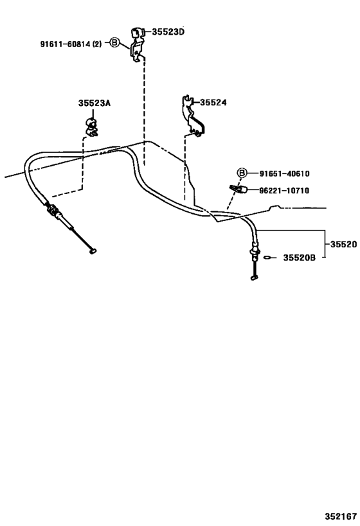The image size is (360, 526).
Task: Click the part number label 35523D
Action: (x=168, y=32)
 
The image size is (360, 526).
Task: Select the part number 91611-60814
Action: (x=66, y=44)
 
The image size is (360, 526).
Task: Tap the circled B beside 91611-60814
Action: (x=115, y=42)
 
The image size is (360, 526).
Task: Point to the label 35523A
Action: (x=94, y=103)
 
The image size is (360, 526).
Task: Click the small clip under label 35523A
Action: (x=91, y=127)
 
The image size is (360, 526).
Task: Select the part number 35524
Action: (x=213, y=102)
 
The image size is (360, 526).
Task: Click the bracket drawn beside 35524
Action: (x=192, y=116)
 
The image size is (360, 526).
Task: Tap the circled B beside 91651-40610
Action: (x=242, y=173)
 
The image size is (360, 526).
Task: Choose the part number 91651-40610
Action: (x=284, y=173)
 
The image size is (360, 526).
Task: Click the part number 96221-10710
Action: (x=284, y=191)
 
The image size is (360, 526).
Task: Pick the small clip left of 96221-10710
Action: (x=239, y=189)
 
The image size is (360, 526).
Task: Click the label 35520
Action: (x=343, y=244)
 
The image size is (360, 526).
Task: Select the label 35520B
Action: (x=299, y=258)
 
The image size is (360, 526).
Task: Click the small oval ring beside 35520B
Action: (x=267, y=258)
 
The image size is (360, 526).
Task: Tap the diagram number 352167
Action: (x=341, y=516)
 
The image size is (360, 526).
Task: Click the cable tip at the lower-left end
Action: (x=93, y=250)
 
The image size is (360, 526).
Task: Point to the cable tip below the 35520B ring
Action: (x=254, y=277)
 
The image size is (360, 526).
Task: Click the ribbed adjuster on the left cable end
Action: (x=52, y=209)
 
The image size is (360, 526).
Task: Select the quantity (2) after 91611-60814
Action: (x=96, y=44)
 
